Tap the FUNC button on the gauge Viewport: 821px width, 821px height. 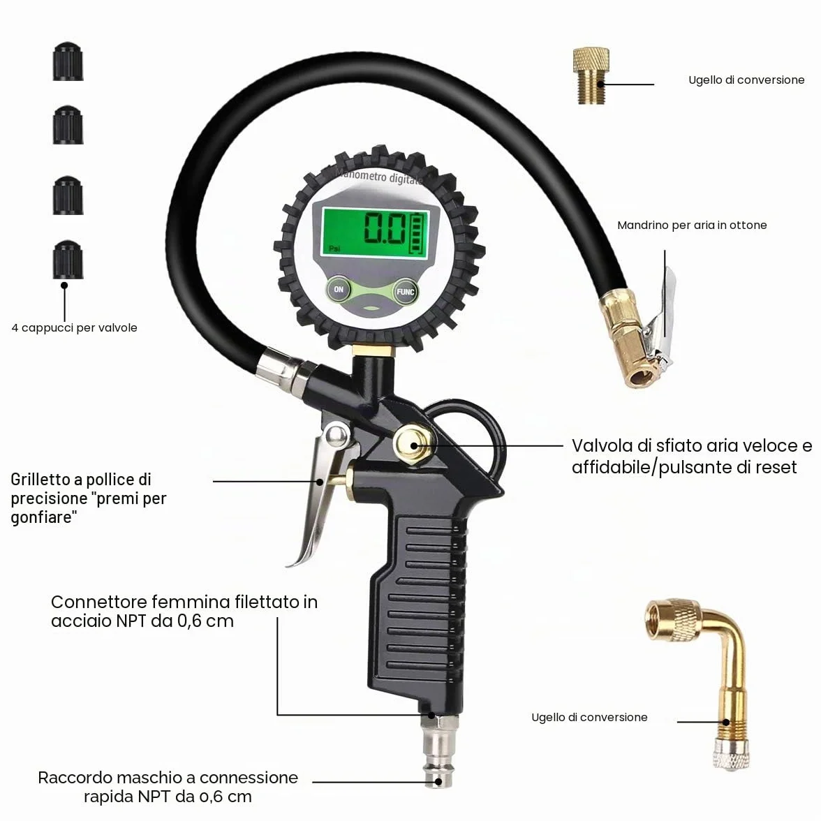(x=405, y=292)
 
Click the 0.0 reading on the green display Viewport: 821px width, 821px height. (x=384, y=229)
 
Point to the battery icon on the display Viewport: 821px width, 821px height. (x=417, y=233)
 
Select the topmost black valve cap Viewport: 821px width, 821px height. (x=68, y=61)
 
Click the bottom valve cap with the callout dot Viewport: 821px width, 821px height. (x=68, y=260)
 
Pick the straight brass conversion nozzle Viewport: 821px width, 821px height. (x=591, y=75)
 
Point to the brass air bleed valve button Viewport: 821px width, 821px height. (x=413, y=445)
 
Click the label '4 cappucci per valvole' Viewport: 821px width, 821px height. (x=74, y=328)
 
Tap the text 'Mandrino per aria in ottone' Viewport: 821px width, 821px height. (x=692, y=225)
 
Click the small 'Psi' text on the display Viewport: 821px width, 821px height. (x=334, y=249)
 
